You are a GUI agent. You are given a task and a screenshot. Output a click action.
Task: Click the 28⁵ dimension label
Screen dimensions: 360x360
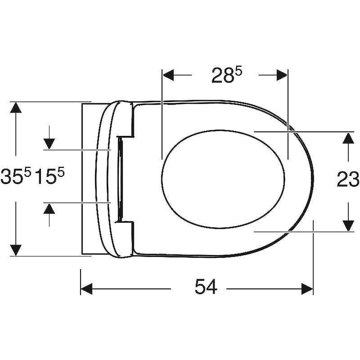(x=227, y=75)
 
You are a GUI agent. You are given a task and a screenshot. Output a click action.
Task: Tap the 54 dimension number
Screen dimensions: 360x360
(x=206, y=287)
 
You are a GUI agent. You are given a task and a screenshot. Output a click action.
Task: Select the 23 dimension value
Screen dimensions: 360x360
(x=347, y=179)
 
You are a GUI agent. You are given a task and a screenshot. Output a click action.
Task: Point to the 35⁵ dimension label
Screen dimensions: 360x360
(x=16, y=176)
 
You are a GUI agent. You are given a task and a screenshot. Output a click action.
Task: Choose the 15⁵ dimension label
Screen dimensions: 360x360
(x=50, y=176)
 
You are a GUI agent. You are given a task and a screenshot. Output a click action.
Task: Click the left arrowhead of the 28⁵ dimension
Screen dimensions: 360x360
(x=168, y=75)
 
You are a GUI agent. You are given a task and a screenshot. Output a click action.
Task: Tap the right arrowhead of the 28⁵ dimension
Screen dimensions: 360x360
(x=282, y=75)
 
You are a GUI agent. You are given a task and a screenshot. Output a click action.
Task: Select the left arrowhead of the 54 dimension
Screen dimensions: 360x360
(x=86, y=289)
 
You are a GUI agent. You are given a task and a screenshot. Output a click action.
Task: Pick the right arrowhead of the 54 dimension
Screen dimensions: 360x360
(x=307, y=289)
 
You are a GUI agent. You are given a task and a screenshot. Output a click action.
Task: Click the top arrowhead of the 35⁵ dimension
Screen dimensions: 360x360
(x=16, y=108)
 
